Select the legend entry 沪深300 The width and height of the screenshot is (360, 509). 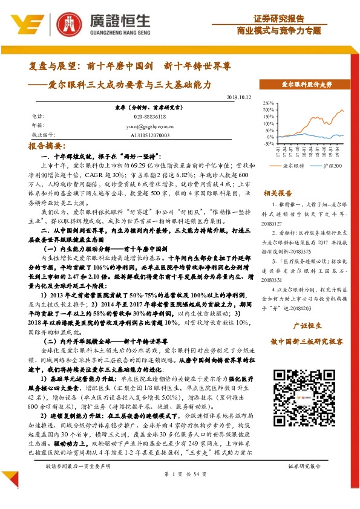click(x=329, y=165)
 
